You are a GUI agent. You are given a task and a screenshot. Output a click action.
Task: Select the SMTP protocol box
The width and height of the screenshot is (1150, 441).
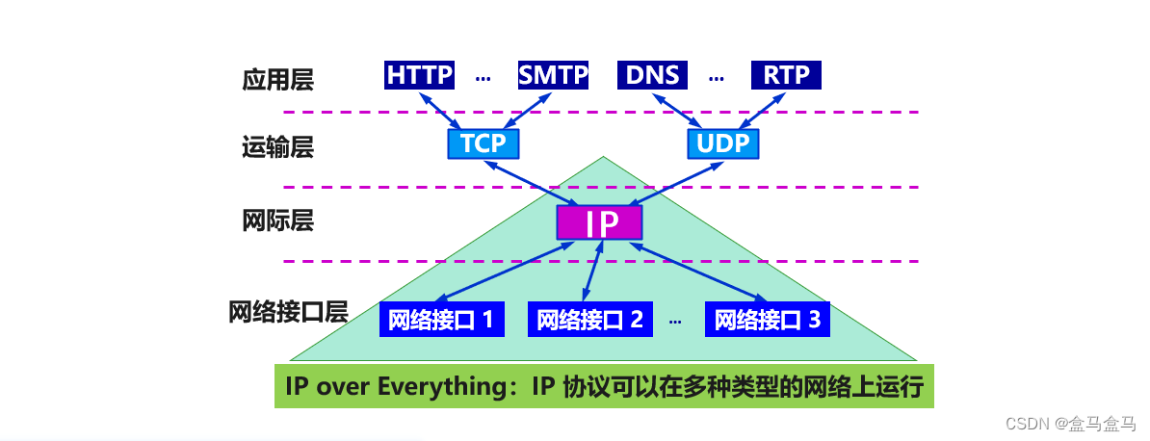pyautogui.click(x=553, y=75)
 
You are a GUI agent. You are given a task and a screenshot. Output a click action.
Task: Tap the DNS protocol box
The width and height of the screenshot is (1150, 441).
pyautogui.click(x=652, y=75)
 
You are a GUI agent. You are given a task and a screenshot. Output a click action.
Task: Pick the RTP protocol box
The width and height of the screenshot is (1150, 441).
pyautogui.click(x=786, y=75)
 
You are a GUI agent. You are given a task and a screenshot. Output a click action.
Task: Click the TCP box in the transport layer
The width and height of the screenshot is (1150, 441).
pyautogui.click(x=483, y=143)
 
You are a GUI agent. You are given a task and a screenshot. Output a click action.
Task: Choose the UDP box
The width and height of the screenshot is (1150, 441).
pyautogui.click(x=723, y=143)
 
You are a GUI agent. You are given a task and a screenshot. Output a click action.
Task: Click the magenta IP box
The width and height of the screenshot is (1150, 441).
pyautogui.click(x=599, y=222)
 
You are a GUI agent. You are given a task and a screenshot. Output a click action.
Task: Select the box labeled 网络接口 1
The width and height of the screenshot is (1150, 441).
pyautogui.click(x=442, y=320)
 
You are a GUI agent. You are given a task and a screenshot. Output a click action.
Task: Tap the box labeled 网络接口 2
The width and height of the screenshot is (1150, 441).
pyautogui.click(x=589, y=320)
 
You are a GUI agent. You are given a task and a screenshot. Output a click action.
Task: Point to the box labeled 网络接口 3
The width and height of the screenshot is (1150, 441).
pyautogui.click(x=768, y=320)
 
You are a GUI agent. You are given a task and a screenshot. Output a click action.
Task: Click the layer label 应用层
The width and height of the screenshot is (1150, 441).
pyautogui.click(x=278, y=79)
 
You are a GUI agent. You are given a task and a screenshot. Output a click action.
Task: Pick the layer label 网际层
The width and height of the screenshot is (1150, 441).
pyautogui.click(x=278, y=220)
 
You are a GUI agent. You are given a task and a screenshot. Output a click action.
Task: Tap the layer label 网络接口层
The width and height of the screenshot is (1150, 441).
pyautogui.click(x=288, y=313)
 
